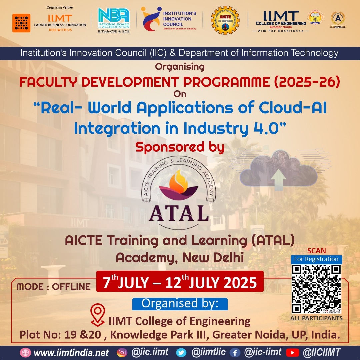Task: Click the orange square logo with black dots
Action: coord(21,23)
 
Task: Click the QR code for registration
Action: coord(316,289)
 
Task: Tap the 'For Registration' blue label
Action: coord(316,259)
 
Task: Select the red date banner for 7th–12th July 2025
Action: coord(180,282)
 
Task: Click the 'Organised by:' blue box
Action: coord(180,304)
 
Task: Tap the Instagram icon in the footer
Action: coord(122,352)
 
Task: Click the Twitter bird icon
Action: coord(182,352)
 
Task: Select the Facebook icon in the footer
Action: coord(235,352)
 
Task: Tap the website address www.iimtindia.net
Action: coord(71,352)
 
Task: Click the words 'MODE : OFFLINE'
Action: coord(53,287)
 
